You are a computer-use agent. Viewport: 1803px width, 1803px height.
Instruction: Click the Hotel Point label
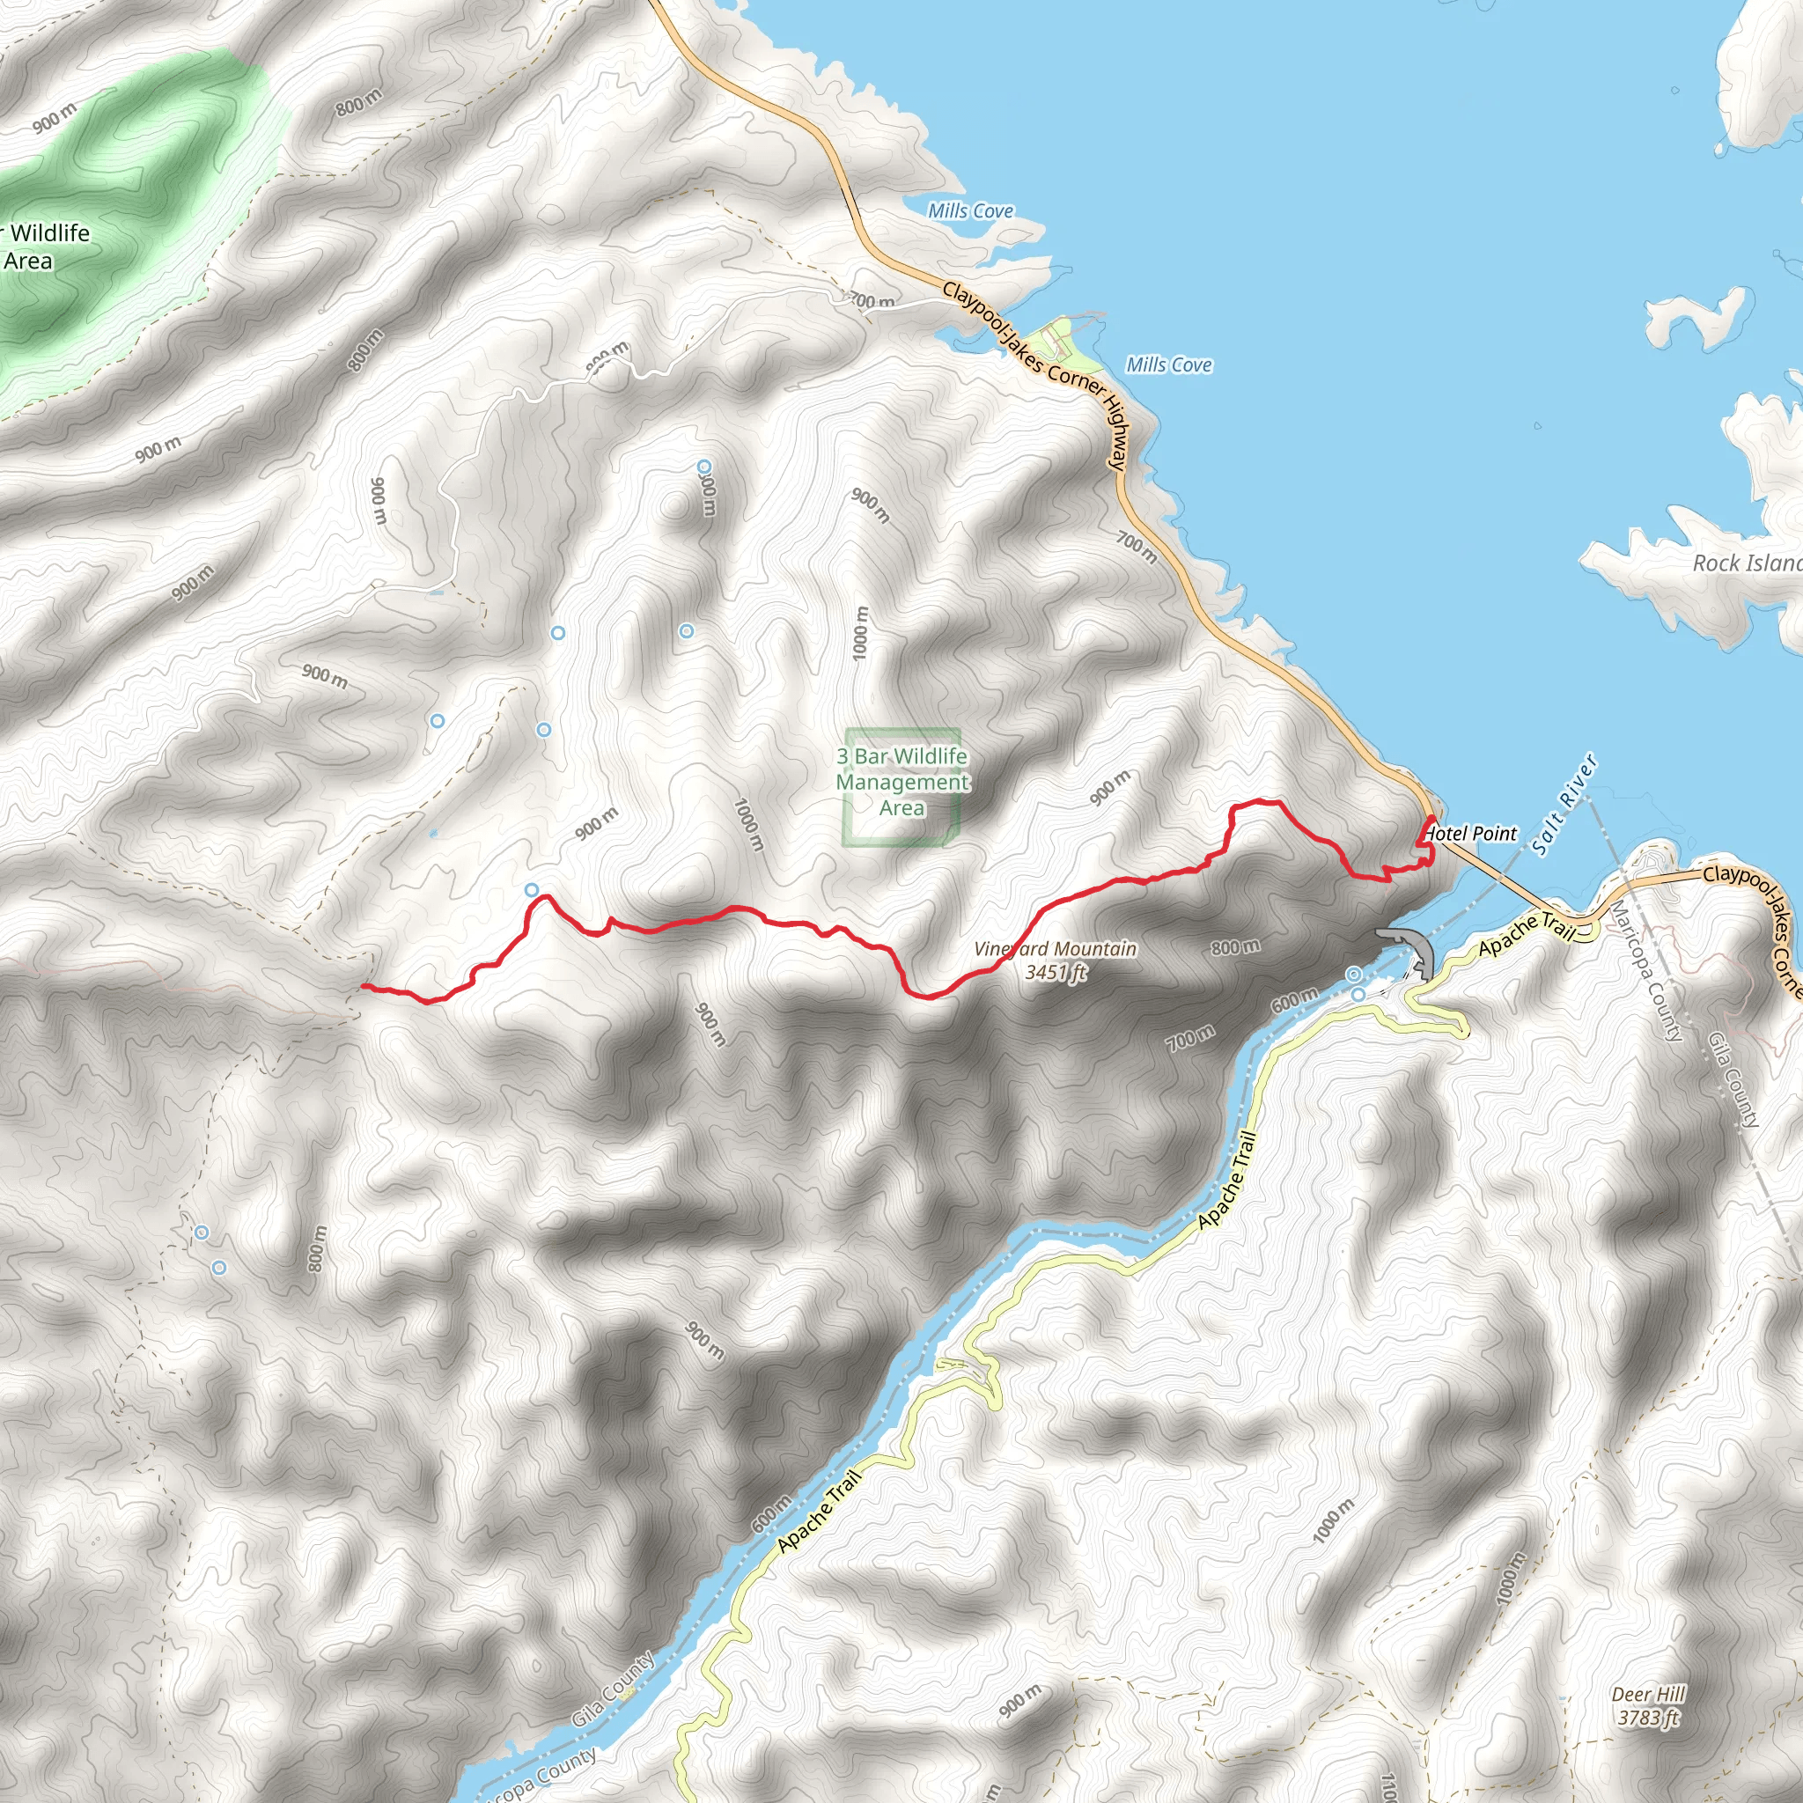[x=1472, y=834]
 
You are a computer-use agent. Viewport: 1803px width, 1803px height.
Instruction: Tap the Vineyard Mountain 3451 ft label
[x=1056, y=960]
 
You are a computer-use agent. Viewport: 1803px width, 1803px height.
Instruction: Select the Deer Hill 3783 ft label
[x=1649, y=1706]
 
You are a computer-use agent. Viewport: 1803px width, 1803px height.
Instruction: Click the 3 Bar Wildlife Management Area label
[x=902, y=782]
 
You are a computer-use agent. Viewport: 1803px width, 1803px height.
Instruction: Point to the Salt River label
[x=1565, y=805]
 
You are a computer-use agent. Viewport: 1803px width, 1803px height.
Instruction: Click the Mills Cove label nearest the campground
[x=1168, y=364]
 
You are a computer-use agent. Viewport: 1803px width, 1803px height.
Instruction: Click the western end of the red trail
[x=363, y=985]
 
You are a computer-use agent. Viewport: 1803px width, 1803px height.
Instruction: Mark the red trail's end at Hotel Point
[x=1431, y=819]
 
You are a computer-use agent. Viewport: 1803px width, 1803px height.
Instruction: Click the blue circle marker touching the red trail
[x=532, y=889]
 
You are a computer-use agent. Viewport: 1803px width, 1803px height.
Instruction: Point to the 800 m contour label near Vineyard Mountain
[x=1235, y=947]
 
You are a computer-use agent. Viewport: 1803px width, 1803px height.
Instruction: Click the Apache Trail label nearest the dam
[x=1527, y=934]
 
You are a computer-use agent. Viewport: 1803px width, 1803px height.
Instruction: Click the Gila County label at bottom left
[x=612, y=1690]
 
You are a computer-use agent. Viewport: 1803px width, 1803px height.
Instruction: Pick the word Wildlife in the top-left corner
[x=50, y=233]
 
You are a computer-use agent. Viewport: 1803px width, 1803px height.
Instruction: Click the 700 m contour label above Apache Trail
[x=1191, y=1037]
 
